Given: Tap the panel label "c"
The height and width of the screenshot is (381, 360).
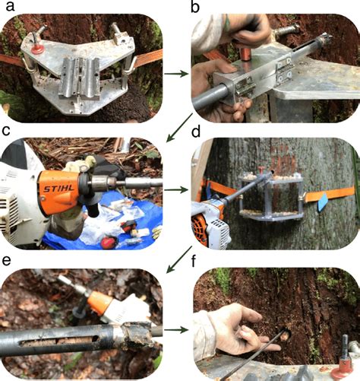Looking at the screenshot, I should click(x=8, y=130).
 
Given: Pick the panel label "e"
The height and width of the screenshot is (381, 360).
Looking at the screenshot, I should click(x=7, y=261).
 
